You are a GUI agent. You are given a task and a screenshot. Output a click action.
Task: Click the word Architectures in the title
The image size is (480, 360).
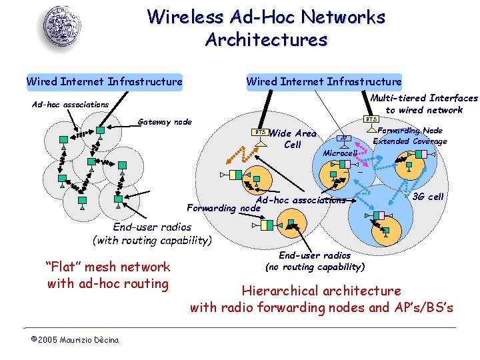click(266, 40)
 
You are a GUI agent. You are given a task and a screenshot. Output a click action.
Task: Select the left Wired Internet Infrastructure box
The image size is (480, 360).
click(104, 82)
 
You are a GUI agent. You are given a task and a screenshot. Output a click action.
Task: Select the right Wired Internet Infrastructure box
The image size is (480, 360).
click(324, 82)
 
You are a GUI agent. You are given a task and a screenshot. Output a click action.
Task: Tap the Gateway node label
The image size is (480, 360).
click(164, 122)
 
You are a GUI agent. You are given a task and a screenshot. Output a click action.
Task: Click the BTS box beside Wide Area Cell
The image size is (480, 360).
click(262, 132)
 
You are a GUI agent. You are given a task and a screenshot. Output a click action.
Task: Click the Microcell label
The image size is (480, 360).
click(340, 153)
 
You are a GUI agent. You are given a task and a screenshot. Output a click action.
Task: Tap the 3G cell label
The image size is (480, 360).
click(427, 197)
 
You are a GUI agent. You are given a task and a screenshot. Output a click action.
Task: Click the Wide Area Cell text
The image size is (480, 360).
click(293, 139)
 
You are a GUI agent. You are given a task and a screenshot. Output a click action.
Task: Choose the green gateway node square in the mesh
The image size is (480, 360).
click(101, 131)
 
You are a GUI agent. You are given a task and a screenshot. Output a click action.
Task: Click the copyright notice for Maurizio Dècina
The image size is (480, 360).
click(75, 340)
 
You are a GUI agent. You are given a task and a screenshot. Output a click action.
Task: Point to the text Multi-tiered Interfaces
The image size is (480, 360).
click(424, 98)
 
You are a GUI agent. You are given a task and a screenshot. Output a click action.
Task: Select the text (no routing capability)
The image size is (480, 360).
click(315, 267)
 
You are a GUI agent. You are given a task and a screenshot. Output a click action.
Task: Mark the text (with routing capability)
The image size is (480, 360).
click(152, 240)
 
